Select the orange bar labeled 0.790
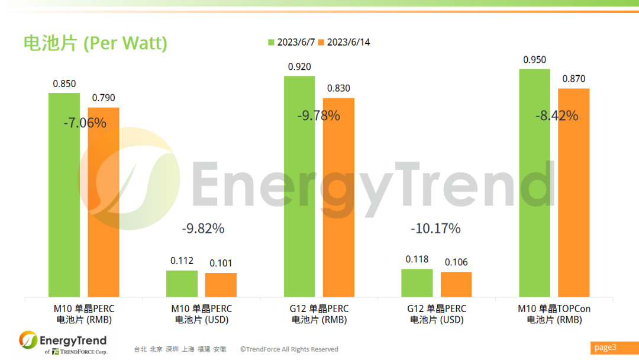click(104, 201)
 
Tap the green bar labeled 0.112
click(182, 284)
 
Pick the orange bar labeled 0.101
click(221, 285)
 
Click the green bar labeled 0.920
click(299, 186)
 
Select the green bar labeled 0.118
click(417, 283)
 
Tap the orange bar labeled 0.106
click(456, 284)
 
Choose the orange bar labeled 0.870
click(574, 192)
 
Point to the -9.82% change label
click(203, 228)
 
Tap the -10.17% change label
click(435, 228)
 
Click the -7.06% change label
click(85, 123)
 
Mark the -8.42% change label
click(556, 115)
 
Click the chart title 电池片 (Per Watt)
click(95, 43)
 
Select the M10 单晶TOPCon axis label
click(554, 314)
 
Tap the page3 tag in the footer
click(606, 347)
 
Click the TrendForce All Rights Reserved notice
click(289, 349)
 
